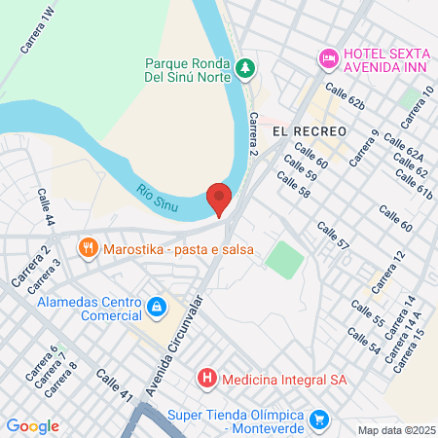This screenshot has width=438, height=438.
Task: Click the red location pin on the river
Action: pos(220,198)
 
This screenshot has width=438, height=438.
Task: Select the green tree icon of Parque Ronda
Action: pos(247,67)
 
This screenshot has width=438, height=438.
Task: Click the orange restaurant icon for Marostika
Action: pos(90,248)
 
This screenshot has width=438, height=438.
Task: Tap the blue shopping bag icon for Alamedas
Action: pos(155,309)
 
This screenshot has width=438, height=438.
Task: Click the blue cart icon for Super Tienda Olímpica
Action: pos(319,420)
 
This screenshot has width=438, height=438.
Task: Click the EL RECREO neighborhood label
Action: pos(310,130)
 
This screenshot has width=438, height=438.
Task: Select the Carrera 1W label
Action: pos(37,29)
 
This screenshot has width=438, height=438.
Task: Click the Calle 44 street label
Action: pos(45,207)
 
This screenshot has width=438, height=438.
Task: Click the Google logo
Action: pos(32,426)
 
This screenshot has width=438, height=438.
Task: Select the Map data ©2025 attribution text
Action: pos(397,430)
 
